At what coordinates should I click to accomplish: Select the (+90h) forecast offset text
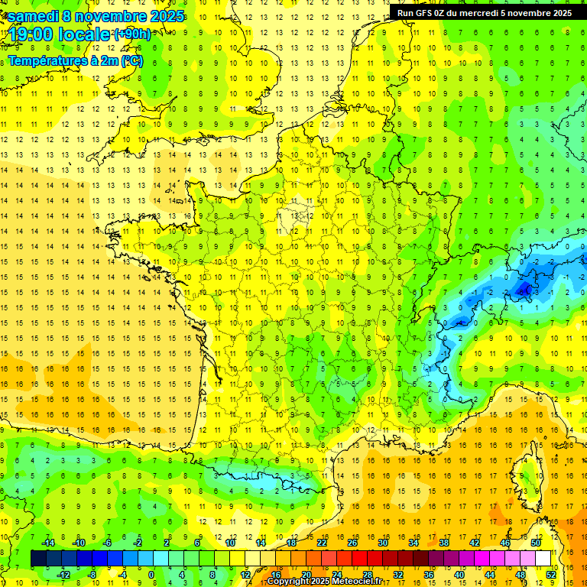coord(132,34)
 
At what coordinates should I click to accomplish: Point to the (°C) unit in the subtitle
coord(131,60)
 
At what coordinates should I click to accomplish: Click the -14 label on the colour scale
coord(47,543)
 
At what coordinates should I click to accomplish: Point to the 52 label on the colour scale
coord(550,574)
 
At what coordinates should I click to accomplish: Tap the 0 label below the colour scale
coord(151,574)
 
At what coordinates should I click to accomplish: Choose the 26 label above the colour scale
coord(352,543)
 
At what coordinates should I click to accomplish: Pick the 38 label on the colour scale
coord(443,543)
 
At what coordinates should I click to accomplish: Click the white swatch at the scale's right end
coord(543,558)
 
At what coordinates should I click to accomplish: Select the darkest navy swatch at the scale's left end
coord(38,558)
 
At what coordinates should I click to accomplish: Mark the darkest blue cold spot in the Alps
coord(524,288)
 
